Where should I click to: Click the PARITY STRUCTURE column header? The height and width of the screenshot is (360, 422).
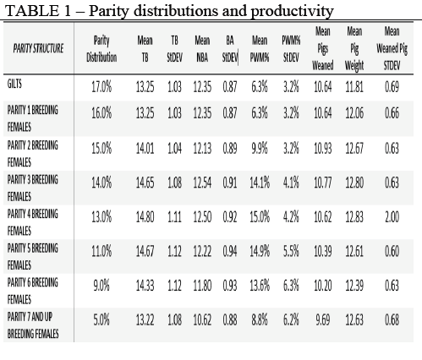pyautogui.click(x=38, y=48)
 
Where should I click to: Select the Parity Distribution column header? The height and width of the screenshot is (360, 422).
pyautogui.click(x=101, y=49)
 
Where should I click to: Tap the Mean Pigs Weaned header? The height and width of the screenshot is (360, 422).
pyautogui.click(x=323, y=48)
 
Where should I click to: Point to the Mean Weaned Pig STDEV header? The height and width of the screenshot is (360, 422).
pyautogui.click(x=392, y=48)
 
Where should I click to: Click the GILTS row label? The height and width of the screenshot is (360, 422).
pyautogui.click(x=14, y=84)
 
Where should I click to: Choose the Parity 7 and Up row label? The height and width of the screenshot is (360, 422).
pyautogui.click(x=33, y=325)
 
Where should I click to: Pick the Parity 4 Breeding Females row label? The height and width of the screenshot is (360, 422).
pyautogui.click(x=33, y=222)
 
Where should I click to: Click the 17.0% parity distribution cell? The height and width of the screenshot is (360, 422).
pyautogui.click(x=101, y=86)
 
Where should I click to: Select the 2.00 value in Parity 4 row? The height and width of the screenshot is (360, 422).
pyautogui.click(x=392, y=217)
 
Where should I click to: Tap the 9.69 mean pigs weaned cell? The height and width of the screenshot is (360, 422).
pyautogui.click(x=323, y=320)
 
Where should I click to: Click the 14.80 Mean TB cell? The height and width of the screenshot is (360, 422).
pyautogui.click(x=145, y=217)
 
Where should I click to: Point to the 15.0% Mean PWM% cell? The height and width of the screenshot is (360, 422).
pyautogui.click(x=260, y=217)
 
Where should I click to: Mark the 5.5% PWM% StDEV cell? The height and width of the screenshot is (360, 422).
pyautogui.click(x=291, y=251)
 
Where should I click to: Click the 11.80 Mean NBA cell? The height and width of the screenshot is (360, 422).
pyautogui.click(x=202, y=286)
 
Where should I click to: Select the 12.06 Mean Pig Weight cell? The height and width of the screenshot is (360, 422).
pyautogui.click(x=354, y=113)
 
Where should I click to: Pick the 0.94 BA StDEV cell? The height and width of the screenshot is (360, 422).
pyautogui.click(x=230, y=251)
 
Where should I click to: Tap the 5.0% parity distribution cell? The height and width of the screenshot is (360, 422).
pyautogui.click(x=101, y=320)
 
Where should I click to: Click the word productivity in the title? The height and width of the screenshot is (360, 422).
pyautogui.click(x=292, y=11)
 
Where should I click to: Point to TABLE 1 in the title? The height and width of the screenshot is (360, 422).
pyautogui.click(x=38, y=11)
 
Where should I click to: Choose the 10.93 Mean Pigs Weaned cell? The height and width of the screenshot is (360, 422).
pyautogui.click(x=323, y=149)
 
